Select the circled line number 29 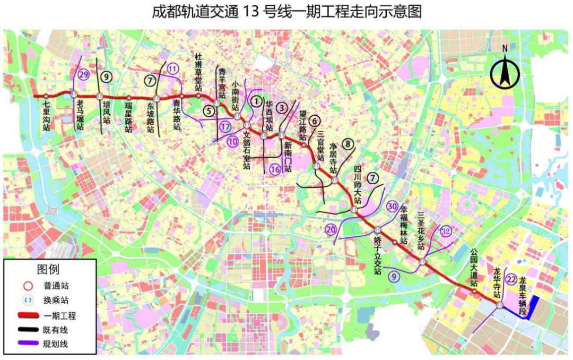(83, 75)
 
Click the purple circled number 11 (172, 68)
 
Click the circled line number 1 (257, 100)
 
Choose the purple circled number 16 (274, 169)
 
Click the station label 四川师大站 (358, 186)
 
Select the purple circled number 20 (331, 230)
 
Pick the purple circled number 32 (446, 231)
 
